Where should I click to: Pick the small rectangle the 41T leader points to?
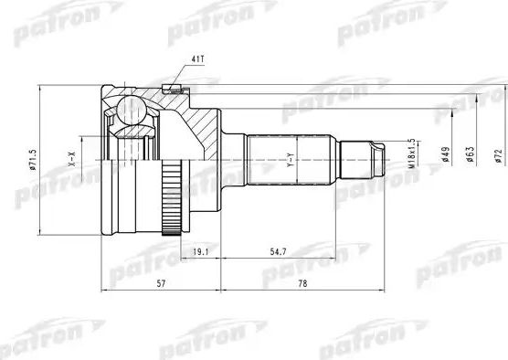point(167,89)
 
